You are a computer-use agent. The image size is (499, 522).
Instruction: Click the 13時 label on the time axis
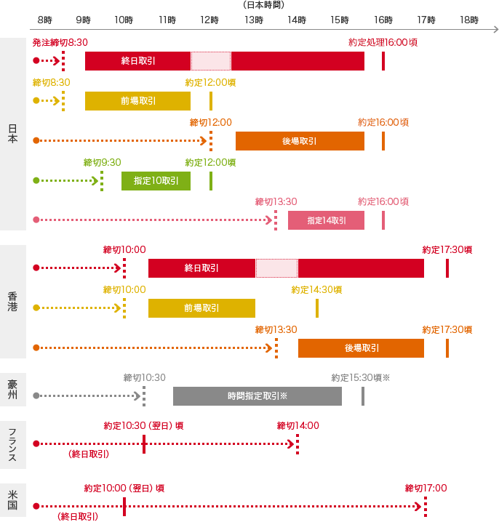(x=254, y=20)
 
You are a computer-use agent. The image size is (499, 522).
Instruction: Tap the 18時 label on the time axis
(x=470, y=20)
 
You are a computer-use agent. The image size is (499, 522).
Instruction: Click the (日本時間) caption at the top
(x=263, y=5)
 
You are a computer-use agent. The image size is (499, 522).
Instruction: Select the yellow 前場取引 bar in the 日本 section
(x=137, y=101)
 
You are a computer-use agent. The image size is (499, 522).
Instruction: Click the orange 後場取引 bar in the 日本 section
(x=300, y=141)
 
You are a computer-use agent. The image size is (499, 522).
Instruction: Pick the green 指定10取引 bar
(x=156, y=180)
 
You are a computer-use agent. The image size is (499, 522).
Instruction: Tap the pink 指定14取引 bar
(x=326, y=220)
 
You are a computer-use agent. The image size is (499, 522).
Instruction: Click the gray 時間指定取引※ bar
(x=257, y=396)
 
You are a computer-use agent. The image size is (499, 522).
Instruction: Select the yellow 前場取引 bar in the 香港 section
(x=201, y=308)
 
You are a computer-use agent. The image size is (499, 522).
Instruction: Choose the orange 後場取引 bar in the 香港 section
(x=361, y=348)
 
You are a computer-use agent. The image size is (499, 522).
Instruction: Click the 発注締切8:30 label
(x=60, y=43)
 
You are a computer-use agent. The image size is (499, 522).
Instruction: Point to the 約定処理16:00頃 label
(x=383, y=43)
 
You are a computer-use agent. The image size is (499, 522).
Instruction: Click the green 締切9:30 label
(x=102, y=162)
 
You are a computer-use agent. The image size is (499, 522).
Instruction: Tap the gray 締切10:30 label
(x=145, y=377)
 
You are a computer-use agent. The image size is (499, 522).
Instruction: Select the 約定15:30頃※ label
(x=361, y=377)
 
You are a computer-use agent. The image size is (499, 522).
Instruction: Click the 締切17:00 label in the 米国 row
(x=426, y=488)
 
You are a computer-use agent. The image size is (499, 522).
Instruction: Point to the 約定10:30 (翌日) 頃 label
(x=143, y=425)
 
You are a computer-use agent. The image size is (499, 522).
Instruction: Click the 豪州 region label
(x=12, y=390)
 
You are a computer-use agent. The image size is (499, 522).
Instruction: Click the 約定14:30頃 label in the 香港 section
(x=316, y=289)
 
